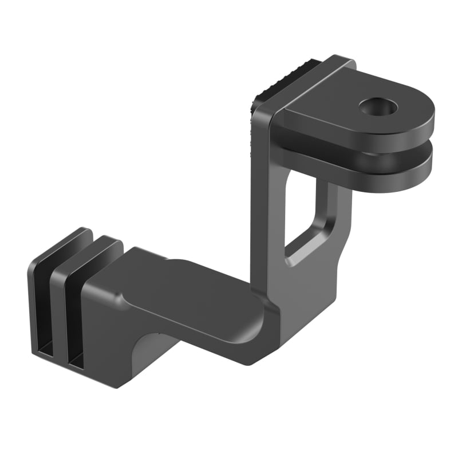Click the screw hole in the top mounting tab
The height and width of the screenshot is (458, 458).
tap(376, 106)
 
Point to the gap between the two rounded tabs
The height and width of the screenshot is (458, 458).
tap(366, 148)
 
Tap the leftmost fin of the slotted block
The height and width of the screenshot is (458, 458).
tap(40, 298)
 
